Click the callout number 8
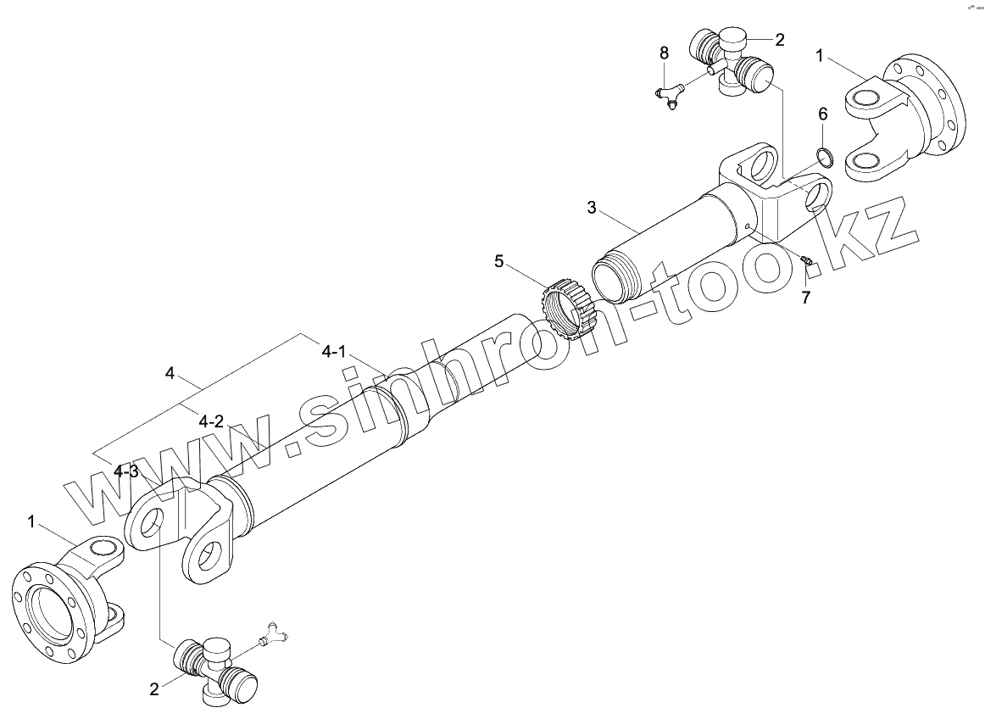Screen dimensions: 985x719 [x=664, y=53]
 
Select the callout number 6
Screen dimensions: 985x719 [x=822, y=114]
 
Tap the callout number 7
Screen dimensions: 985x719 [x=805, y=297]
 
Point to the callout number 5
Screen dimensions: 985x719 [x=499, y=262]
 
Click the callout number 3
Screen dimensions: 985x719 [x=593, y=207]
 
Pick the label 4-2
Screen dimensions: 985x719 [x=211, y=421]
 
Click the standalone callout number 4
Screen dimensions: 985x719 [x=170, y=373]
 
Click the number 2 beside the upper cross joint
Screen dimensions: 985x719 [x=779, y=39]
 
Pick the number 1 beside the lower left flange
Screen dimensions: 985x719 [x=32, y=522]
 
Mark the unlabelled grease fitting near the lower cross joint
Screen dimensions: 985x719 [x=274, y=632]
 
